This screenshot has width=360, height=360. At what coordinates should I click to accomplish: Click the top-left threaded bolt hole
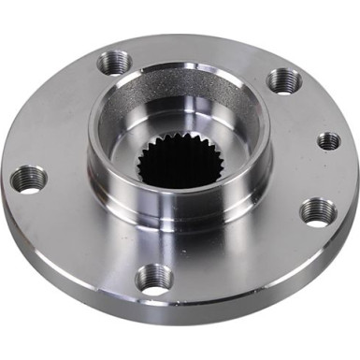click(x=114, y=63)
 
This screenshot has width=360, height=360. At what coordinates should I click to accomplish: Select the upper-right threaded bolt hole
click(x=283, y=80)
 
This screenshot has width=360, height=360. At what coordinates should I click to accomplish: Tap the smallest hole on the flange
click(x=328, y=141)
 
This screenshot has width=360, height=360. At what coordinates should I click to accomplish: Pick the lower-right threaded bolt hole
click(x=318, y=211)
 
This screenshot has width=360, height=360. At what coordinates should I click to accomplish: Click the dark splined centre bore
click(x=179, y=163)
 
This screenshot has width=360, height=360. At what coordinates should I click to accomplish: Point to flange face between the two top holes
click(x=201, y=51)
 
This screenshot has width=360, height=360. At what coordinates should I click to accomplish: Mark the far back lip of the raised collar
click(x=178, y=68)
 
